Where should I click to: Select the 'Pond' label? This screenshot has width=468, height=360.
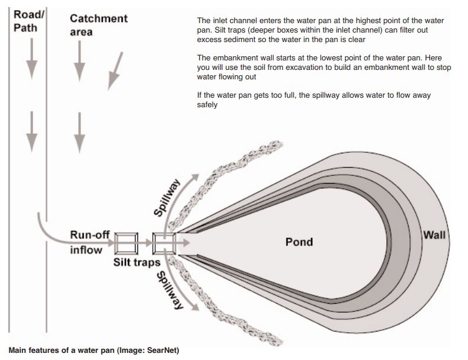[x=299, y=242]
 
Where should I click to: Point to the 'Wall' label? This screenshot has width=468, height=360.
[x=434, y=235]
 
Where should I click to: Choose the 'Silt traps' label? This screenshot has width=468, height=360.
[x=137, y=262]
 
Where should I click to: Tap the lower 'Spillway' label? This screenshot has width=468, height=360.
[x=169, y=290]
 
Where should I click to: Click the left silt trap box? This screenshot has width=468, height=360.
[x=127, y=242]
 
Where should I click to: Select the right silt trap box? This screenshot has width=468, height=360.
[x=164, y=242]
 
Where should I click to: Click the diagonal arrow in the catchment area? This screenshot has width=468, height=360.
[x=116, y=70]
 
